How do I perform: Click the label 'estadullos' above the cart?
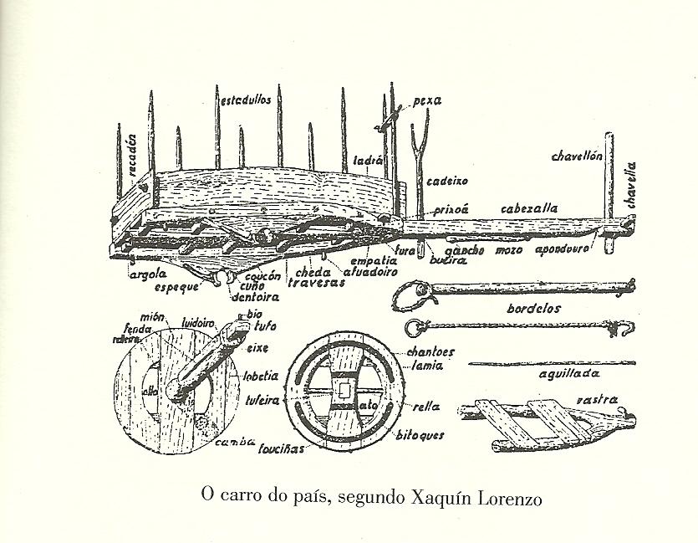245,99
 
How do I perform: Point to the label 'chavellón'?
577,156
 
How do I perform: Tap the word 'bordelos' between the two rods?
532,308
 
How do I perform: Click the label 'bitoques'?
421,435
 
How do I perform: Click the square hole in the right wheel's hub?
342,388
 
